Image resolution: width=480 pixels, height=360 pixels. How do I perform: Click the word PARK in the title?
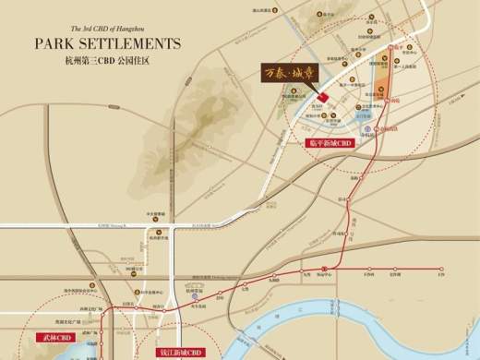pos(56,43)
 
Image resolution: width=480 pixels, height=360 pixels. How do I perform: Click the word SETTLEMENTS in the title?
pos(129,43)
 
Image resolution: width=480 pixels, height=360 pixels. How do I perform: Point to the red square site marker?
pos(322,97)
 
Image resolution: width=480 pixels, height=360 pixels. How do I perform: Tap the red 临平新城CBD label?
pos(330,144)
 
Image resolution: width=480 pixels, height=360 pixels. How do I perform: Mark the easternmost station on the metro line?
pos(442,270)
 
